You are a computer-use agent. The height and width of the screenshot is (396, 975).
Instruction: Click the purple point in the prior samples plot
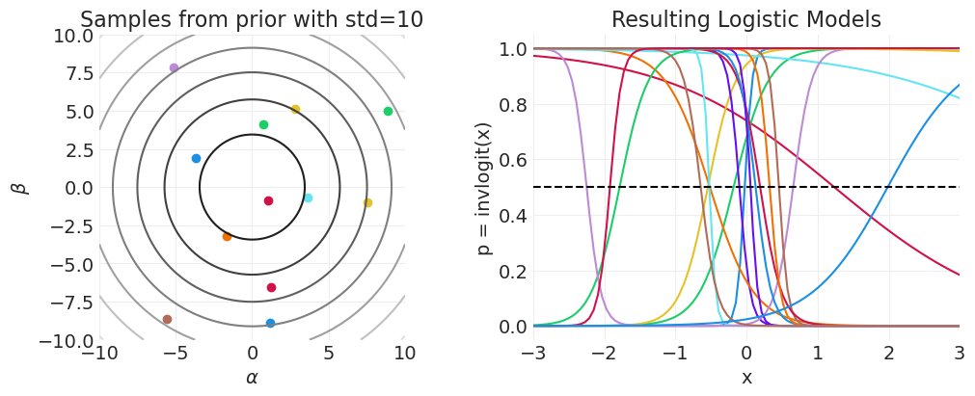pyautogui.click(x=174, y=67)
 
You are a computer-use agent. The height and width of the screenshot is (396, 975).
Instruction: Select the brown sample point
pyautogui.click(x=167, y=319)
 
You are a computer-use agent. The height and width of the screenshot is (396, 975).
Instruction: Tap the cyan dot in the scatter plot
pyautogui.click(x=308, y=198)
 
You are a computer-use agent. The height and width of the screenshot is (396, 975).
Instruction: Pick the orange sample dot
pyautogui.click(x=227, y=236)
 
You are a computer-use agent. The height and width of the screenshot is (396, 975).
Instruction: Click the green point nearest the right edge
pyautogui.click(x=388, y=111)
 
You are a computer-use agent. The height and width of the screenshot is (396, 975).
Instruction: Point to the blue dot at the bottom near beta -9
pyautogui.click(x=270, y=323)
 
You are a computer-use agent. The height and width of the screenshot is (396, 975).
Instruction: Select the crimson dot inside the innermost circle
pyautogui.click(x=268, y=200)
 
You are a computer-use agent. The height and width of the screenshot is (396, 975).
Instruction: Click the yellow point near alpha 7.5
pyautogui.click(x=367, y=202)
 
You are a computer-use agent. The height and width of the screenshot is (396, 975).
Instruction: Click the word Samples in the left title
pyautogui.click(x=117, y=20)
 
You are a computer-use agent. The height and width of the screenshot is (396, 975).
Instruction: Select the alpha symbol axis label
pyautogui.click(x=252, y=378)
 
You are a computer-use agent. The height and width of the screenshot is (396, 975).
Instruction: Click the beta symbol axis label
pyautogui.click(x=18, y=188)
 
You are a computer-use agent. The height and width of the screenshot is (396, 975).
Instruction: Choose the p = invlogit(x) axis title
pyautogui.click(x=485, y=188)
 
